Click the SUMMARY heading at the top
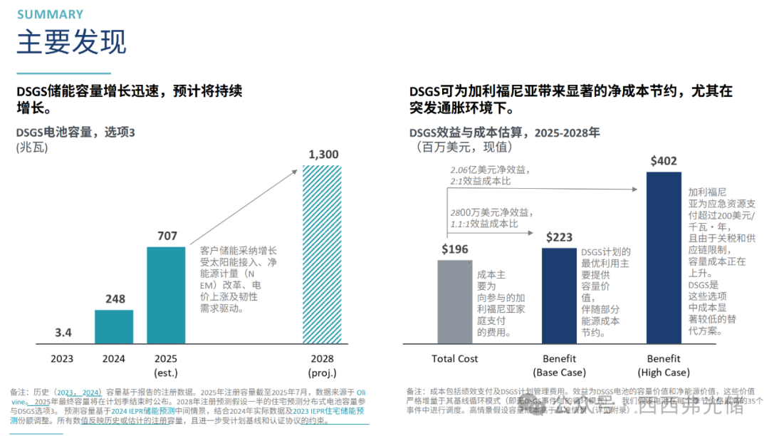[50, 14]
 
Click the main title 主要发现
[71, 42]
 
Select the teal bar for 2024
[114, 327]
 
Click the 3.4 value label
[63, 333]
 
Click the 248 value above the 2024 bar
[114, 300]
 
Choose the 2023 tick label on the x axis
[61, 358]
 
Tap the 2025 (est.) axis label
[166, 365]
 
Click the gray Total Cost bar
[455, 302]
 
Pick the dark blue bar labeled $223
[559, 296]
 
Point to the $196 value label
[455, 249]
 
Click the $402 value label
[664, 161]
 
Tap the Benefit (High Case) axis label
[664, 365]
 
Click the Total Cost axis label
[455, 358]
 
